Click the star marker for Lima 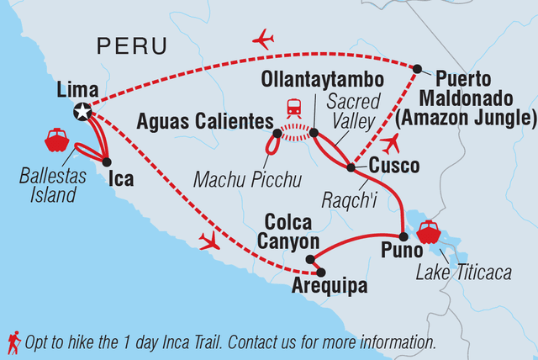tap(82, 109)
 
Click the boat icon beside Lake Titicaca tap(430, 231)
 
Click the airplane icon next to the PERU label tap(264, 39)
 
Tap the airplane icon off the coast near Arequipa tap(208, 242)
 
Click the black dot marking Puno tap(403, 236)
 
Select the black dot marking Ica tap(107, 161)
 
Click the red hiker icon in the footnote tap(13, 341)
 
